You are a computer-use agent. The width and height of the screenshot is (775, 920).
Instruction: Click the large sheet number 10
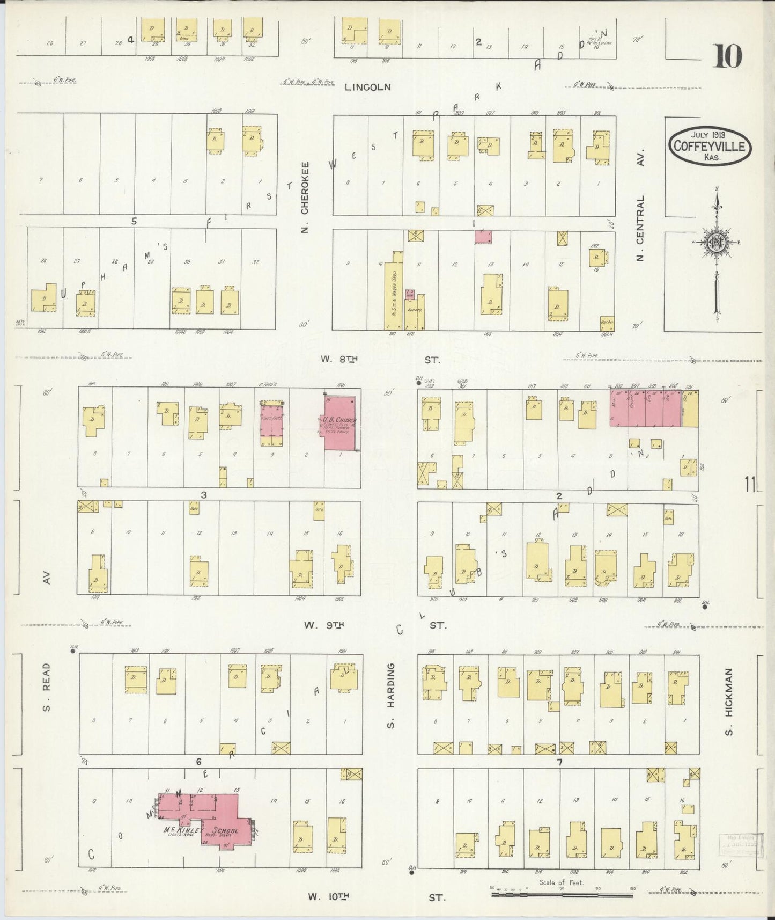tap(727, 56)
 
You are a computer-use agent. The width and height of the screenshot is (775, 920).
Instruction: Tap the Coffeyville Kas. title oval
tap(710, 145)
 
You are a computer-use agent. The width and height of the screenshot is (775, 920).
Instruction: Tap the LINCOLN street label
tap(368, 86)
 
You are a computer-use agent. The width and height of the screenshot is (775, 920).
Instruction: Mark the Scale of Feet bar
tap(562, 895)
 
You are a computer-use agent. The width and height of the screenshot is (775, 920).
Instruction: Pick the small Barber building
tap(607, 323)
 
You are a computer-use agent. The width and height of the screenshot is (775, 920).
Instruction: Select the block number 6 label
tap(198, 761)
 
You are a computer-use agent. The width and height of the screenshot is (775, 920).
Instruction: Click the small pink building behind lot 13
tap(483, 236)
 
